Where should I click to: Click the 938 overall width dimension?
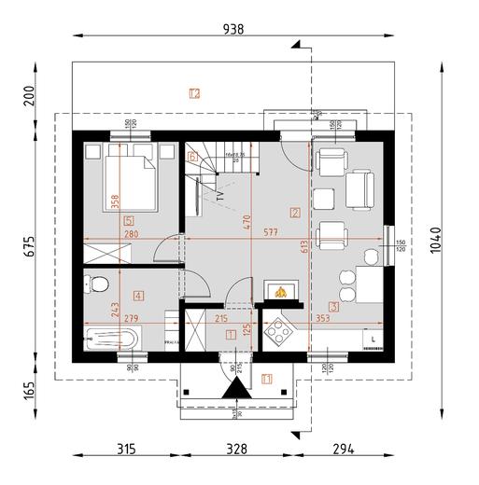(x=233, y=29)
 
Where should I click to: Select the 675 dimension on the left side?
(x=31, y=246)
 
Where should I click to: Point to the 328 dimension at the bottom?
(x=238, y=449)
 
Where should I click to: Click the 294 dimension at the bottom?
(x=345, y=449)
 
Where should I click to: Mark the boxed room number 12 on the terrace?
(x=194, y=93)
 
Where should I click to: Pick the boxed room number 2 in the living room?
(x=295, y=213)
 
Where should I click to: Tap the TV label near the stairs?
(x=220, y=196)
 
